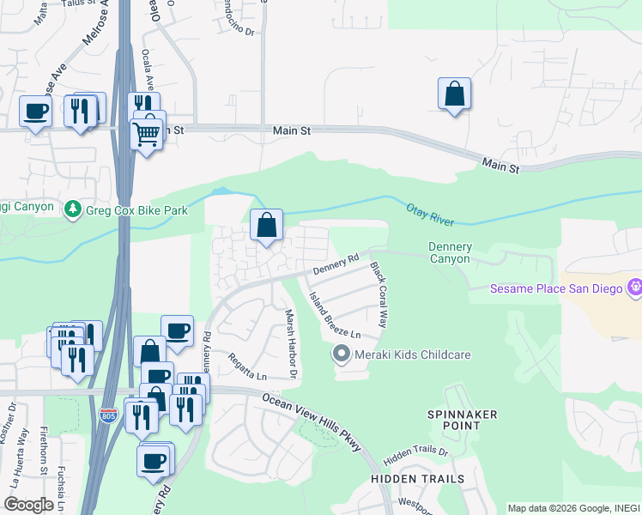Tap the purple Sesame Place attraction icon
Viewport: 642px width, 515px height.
[x=635, y=288]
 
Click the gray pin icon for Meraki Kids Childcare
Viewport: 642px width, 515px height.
[x=342, y=354]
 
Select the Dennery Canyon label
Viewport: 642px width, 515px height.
[x=449, y=253]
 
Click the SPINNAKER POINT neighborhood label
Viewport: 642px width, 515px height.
[x=463, y=420]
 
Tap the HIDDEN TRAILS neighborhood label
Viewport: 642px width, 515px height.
[x=417, y=478]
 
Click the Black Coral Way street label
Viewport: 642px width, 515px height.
[x=379, y=295]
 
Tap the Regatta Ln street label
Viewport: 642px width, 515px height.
[x=247, y=366]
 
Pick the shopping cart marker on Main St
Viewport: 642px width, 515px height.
[x=147, y=134]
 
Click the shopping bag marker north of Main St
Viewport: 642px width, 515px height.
[x=454, y=94]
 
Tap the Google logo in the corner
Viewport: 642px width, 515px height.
[x=28, y=505]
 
